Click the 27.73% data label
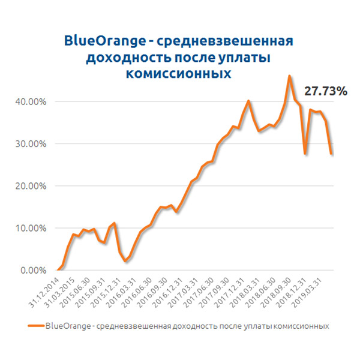click(326, 92)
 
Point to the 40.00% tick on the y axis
click(29, 102)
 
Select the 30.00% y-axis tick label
click(29, 144)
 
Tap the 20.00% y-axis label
click(29, 186)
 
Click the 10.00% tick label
click(29, 228)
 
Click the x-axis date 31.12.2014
click(45, 290)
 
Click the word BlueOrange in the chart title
click(104, 41)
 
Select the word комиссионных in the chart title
click(179, 73)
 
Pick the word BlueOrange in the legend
click(63, 326)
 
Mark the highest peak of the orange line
click(290, 76)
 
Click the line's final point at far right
click(332, 154)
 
